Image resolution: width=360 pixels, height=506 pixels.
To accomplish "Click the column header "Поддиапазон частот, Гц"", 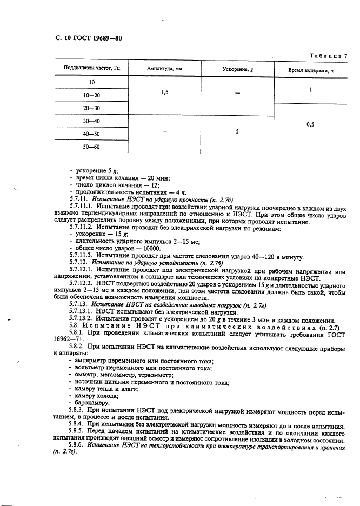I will (x=92, y=69).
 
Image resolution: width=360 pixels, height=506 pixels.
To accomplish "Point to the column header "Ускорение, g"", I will (x=237, y=69).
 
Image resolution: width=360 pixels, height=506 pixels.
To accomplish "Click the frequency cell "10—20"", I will (x=92, y=95).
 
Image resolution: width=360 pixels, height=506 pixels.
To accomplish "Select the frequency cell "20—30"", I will (x=92, y=108).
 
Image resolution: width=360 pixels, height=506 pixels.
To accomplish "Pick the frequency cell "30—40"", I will (x=92, y=121).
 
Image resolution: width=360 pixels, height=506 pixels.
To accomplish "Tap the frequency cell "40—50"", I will (x=92, y=134).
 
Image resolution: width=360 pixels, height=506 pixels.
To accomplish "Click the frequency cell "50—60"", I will (x=92, y=147).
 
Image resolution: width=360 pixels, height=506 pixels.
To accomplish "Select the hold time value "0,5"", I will (x=310, y=124).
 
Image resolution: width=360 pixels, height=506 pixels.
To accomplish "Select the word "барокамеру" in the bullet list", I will (x=92, y=403).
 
